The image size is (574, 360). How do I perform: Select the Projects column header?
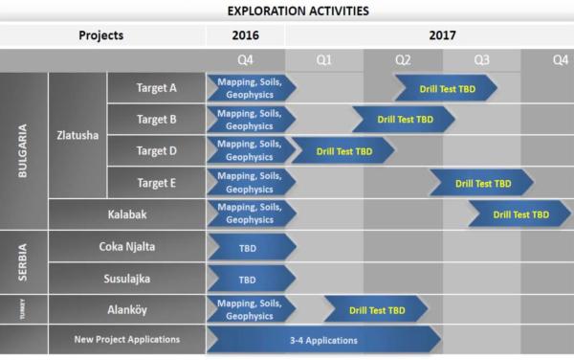click(101, 35)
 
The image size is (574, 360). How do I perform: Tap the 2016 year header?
click(245, 35)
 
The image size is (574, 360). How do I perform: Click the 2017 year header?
click(429, 35)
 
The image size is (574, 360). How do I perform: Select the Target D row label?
click(156, 151)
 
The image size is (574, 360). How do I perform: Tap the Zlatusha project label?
click(77, 135)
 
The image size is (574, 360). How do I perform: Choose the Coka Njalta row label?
click(126, 247)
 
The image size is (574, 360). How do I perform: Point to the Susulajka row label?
click(126, 279)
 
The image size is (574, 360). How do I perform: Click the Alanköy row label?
click(126, 310)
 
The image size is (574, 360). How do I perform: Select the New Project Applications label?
click(126, 340)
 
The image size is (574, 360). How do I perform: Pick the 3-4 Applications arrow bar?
click(322, 340)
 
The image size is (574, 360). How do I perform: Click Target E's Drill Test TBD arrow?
click(481, 183)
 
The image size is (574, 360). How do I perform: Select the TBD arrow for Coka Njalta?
click(248, 247)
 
